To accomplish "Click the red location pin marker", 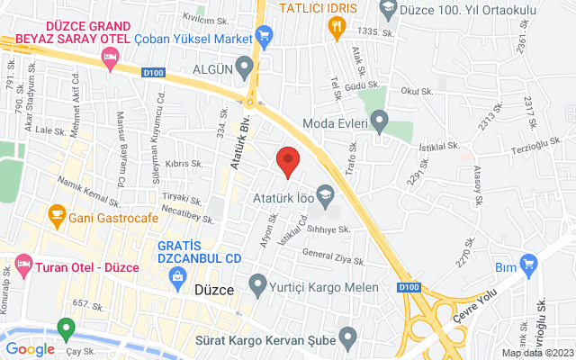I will coord(288,161).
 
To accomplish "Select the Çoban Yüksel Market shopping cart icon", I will coord(264,37).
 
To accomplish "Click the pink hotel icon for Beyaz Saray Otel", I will coord(111,60).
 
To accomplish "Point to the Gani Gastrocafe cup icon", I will coord(57,215).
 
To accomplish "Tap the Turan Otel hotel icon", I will coord(22,267).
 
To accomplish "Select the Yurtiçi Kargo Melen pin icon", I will coord(258,287).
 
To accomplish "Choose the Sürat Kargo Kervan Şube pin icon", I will coord(348,339).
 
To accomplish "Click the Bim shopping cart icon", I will coord(528,265).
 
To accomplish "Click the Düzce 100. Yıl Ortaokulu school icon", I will coord(389,11).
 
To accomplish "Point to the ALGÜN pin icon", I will coord(244,68).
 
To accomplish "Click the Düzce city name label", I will coord(214,291).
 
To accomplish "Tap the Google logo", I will coord(30,348).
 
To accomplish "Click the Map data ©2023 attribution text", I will coord(536,353).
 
